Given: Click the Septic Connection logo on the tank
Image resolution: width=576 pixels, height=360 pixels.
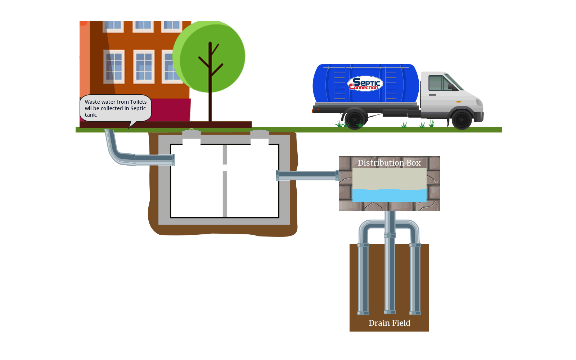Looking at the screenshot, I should tap(365, 84).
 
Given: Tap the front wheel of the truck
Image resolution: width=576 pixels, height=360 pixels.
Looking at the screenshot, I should tap(462, 120).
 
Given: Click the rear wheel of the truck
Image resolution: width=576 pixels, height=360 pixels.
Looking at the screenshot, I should tap(355, 119).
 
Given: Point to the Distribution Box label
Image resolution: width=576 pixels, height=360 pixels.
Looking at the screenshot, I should tap(389, 163).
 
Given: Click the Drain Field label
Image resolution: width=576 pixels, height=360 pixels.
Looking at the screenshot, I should tap(389, 323).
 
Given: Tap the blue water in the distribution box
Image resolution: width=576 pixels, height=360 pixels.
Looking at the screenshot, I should tap(389, 195).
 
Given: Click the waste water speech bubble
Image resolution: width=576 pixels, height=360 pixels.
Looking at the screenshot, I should tap(115, 108).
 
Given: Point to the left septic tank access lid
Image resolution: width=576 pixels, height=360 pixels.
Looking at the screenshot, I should tap(192, 134).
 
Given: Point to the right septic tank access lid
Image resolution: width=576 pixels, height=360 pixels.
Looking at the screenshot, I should tap(260, 134).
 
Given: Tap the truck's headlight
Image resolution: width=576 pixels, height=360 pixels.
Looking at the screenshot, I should tap(479, 102).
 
